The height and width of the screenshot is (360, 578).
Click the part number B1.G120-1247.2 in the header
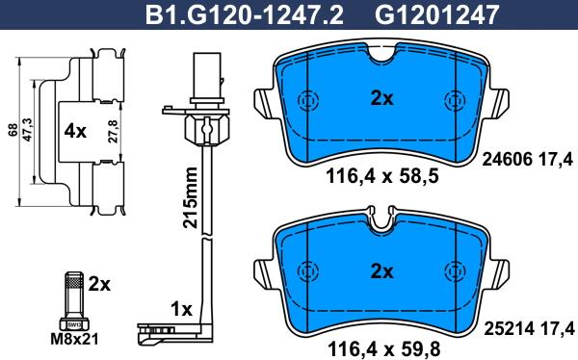coord(244,15)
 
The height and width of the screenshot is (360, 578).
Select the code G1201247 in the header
coord(436,15)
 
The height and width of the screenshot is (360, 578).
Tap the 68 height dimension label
coord(13,131)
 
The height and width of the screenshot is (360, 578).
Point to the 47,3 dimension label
coord(28,130)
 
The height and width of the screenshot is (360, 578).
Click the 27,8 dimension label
coord(113,131)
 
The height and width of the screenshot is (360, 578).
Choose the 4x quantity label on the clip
coord(75,131)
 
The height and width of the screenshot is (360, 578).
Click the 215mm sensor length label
coord(190,198)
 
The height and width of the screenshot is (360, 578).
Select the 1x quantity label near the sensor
coord(181,310)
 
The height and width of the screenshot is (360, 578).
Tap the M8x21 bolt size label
coord(74,339)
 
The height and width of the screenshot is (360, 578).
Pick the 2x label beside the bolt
coord(99,284)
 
